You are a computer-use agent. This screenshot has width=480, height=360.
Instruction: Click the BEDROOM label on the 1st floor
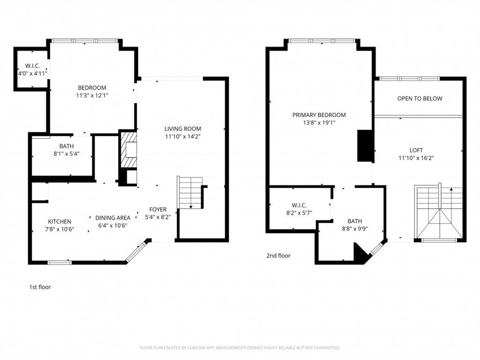(x=92, y=88)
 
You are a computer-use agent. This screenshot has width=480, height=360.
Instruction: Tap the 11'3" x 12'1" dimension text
(x=92, y=96)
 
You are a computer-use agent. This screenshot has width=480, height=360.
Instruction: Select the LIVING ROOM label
(x=182, y=128)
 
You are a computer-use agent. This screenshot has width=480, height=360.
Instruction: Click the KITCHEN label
(x=60, y=222)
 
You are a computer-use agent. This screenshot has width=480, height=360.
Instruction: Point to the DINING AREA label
(x=112, y=217)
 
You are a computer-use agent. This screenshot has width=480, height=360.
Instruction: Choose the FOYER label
(x=158, y=210)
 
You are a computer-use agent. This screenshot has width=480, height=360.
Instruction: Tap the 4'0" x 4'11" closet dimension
(x=32, y=74)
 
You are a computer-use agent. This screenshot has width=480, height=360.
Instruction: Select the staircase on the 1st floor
(x=190, y=192)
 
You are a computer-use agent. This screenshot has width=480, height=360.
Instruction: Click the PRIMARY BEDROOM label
(x=319, y=115)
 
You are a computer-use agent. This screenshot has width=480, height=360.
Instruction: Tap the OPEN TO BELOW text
(x=420, y=98)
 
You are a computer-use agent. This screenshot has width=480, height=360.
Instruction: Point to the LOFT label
(x=416, y=150)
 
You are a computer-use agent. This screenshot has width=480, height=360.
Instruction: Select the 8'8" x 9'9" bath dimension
(x=355, y=229)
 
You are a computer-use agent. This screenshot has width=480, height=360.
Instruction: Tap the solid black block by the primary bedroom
(x=365, y=146)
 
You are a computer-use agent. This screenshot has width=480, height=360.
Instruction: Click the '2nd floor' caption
(x=278, y=255)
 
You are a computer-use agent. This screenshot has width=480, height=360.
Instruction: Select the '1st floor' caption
(x=40, y=287)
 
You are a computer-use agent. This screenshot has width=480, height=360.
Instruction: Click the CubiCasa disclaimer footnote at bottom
(x=240, y=348)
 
